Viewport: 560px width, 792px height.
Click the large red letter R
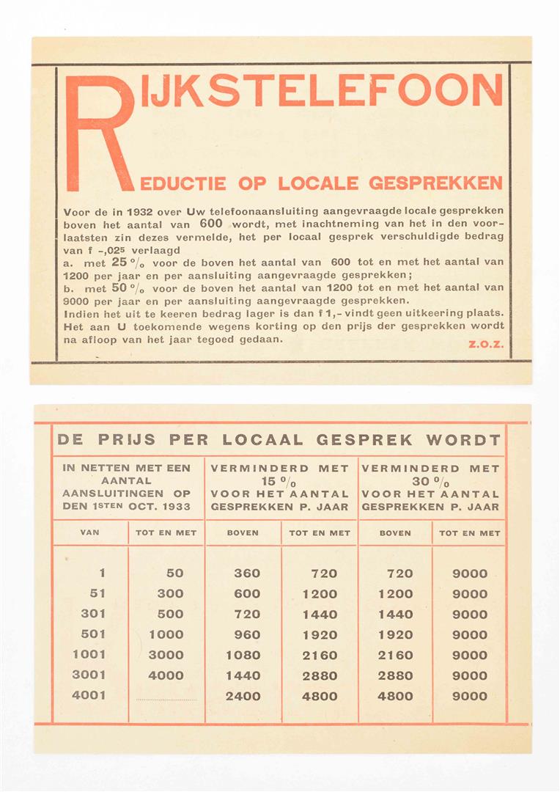[99, 132]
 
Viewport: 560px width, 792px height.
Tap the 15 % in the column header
[281, 481]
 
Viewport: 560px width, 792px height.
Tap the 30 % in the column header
[432, 481]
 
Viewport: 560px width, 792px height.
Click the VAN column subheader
[89, 533]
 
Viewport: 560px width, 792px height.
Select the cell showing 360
[247, 573]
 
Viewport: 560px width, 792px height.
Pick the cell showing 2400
[243, 696]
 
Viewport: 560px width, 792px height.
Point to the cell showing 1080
[243, 655]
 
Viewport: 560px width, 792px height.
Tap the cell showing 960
[247, 634]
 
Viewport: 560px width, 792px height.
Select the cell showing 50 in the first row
[174, 573]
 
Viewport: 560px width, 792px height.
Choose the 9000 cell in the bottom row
[469, 696]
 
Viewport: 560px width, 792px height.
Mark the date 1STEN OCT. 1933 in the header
[125, 507]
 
